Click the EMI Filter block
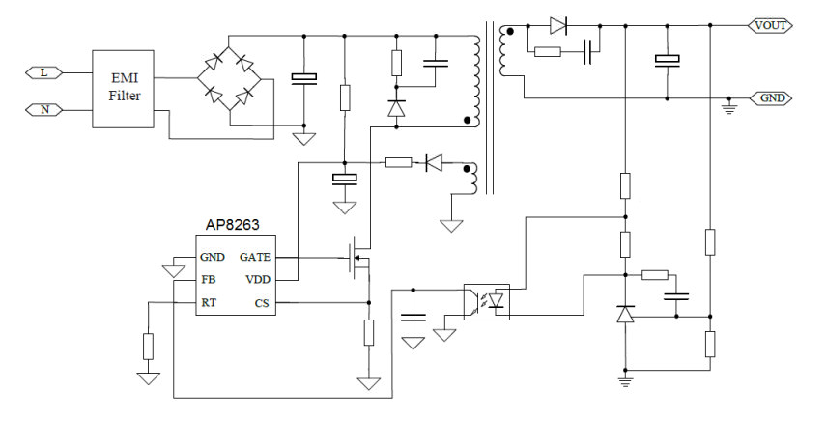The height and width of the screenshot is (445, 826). [x=124, y=89]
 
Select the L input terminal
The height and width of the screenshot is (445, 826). [x=43, y=72]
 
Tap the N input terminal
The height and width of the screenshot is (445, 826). [x=43, y=109]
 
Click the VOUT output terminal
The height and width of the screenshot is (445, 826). [x=770, y=25]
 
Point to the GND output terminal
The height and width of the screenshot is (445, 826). [x=771, y=97]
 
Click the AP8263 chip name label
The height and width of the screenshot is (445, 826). [x=232, y=225]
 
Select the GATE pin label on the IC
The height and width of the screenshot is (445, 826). [x=255, y=257]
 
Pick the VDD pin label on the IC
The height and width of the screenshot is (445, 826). [x=258, y=280]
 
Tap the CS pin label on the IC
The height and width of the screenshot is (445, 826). [x=262, y=303]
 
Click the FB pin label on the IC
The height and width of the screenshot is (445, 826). [x=209, y=280]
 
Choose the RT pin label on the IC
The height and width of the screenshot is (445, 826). [x=209, y=303]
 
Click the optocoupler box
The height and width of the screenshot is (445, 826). [x=487, y=302]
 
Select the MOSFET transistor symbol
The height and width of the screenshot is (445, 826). [x=358, y=258]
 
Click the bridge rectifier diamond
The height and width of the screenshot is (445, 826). [x=229, y=79]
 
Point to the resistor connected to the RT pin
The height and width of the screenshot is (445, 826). [x=149, y=346]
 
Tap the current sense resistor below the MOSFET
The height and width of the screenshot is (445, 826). [x=369, y=332]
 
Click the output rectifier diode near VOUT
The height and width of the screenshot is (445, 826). [x=557, y=25]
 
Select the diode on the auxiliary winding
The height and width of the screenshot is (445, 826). [x=434, y=163]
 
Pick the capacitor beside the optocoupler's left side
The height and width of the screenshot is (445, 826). [x=413, y=317]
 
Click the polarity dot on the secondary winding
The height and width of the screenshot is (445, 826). [x=510, y=32]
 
